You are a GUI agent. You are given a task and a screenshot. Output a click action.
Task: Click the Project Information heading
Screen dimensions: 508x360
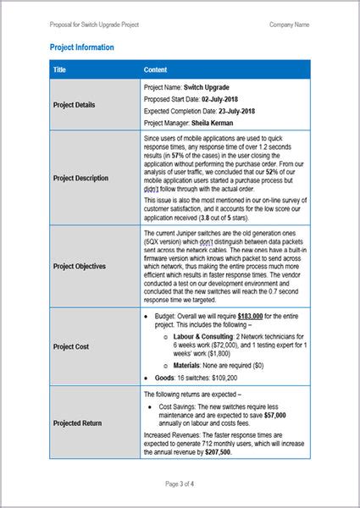[x=82, y=48]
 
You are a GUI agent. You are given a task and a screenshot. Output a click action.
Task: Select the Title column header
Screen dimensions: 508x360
[x=59, y=69]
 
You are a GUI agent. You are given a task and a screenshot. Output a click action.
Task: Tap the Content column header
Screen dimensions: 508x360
[x=156, y=69]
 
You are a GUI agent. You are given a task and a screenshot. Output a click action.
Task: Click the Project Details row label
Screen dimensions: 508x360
[x=74, y=105]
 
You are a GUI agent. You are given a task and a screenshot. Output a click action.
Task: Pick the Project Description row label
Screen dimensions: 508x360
[x=80, y=179]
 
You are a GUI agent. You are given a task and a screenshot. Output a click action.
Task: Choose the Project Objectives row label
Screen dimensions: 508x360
[x=80, y=266]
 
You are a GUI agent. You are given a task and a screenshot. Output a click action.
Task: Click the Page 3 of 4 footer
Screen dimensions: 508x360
[x=180, y=484]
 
